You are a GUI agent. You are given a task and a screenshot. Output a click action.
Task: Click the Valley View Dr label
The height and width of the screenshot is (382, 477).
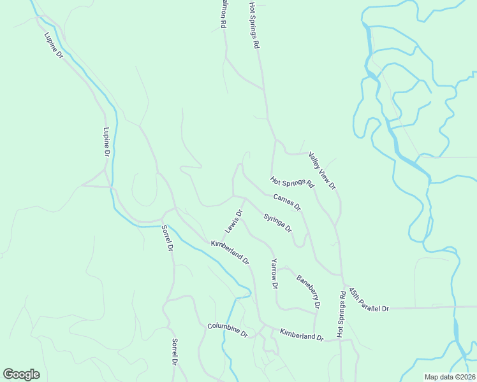(322, 170)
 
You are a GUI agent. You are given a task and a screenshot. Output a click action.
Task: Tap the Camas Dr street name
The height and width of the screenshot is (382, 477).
(287, 202)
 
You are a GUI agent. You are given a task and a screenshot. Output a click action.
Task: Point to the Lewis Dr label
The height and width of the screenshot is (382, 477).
(233, 222)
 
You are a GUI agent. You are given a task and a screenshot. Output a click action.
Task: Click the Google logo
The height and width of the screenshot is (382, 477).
(21, 374)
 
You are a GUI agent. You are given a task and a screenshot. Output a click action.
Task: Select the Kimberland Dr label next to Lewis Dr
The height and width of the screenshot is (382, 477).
(230, 252)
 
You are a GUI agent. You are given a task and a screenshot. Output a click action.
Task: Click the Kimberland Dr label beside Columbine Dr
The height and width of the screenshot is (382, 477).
(302, 335)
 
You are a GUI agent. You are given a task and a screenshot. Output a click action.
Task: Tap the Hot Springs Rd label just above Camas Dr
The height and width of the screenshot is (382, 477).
(292, 183)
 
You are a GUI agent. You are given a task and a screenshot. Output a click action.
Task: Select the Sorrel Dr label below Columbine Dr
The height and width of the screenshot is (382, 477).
(173, 351)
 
